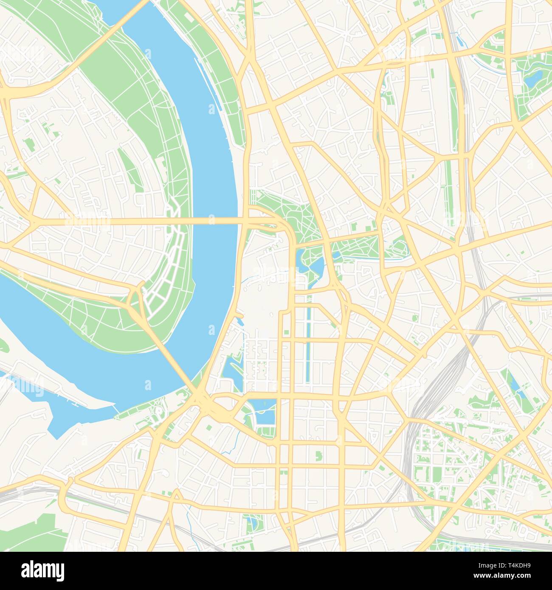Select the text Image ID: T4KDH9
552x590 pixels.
point(505,565)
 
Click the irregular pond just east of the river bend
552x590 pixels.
point(231,369)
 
